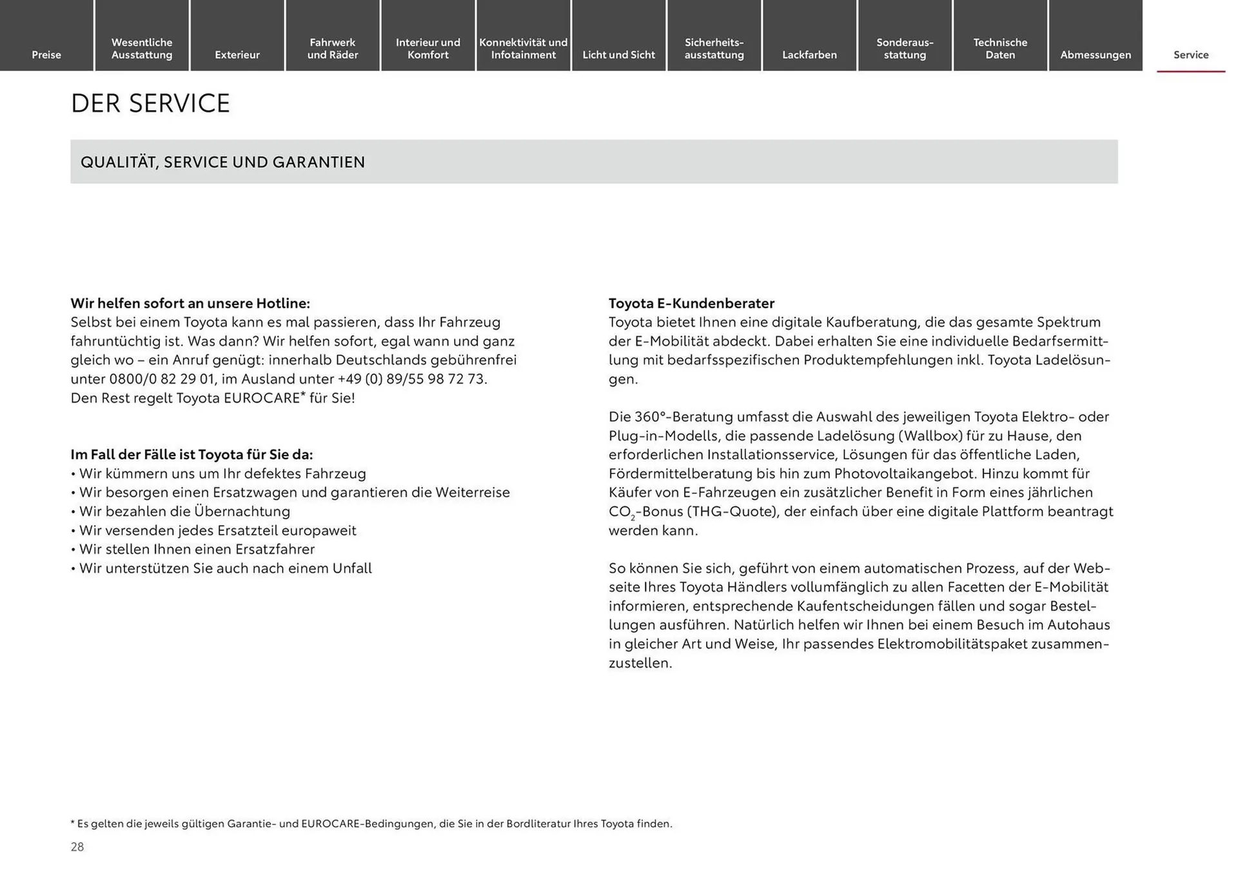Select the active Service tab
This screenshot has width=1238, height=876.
[1191, 55]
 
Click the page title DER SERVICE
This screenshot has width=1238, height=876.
[150, 103]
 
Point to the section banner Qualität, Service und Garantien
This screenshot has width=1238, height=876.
[222, 162]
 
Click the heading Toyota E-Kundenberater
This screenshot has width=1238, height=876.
[691, 303]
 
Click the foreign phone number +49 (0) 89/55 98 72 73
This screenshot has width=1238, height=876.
[412, 379]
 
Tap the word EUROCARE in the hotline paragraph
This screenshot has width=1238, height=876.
[262, 398]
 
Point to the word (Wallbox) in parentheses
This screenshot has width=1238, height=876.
[932, 436]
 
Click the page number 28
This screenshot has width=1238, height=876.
[77, 847]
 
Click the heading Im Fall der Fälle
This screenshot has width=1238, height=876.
[192, 455]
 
